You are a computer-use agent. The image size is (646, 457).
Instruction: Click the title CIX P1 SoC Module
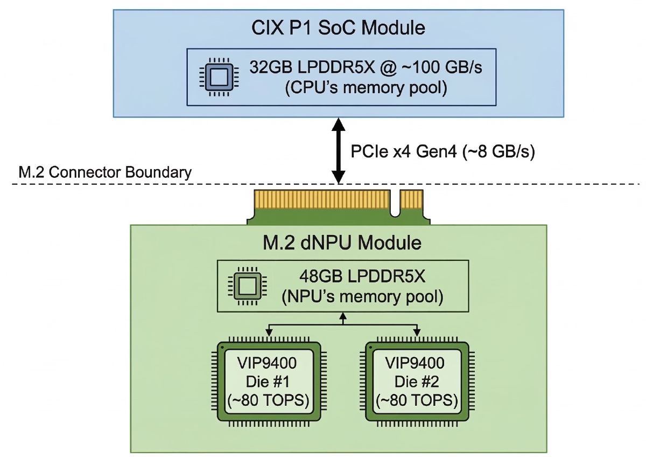pyautogui.click(x=339, y=27)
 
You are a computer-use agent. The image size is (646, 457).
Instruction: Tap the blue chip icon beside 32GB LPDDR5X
pyautogui.click(x=217, y=77)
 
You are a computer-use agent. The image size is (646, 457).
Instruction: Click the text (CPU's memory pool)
pyautogui.click(x=366, y=87)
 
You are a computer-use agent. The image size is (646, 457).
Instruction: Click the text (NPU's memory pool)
pyautogui.click(x=362, y=296)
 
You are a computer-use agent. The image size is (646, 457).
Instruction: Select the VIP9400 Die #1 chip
pyautogui.click(x=269, y=381)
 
